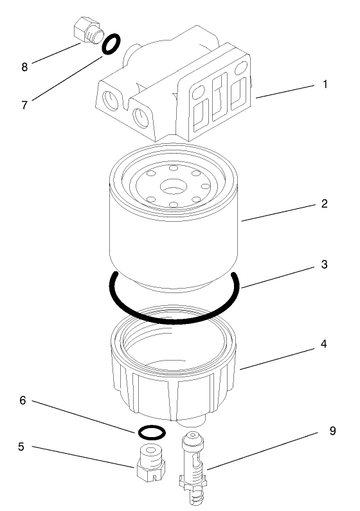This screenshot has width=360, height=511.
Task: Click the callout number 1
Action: point(325,84)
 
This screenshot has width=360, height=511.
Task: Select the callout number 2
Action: point(325,204)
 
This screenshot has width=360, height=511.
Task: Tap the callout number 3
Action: point(325,264)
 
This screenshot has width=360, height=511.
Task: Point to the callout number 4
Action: point(325,344)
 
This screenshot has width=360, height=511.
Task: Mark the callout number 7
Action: point(24,104)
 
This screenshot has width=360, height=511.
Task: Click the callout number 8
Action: point(24,66)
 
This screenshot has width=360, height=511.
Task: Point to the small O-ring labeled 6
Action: point(152,432)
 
